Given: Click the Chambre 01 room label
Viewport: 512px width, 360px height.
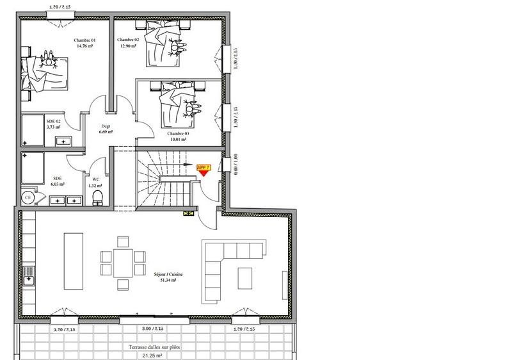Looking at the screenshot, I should tap(85, 39).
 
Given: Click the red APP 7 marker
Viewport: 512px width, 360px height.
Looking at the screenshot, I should tap(204, 168).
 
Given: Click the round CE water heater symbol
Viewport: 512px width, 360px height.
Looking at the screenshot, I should tap(28, 198).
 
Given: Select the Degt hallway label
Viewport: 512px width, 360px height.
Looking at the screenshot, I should tap(106, 127).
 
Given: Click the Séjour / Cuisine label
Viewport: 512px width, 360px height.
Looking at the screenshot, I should tap(168, 274).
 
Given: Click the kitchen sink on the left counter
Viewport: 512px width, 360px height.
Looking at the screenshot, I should tap(28, 278).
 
